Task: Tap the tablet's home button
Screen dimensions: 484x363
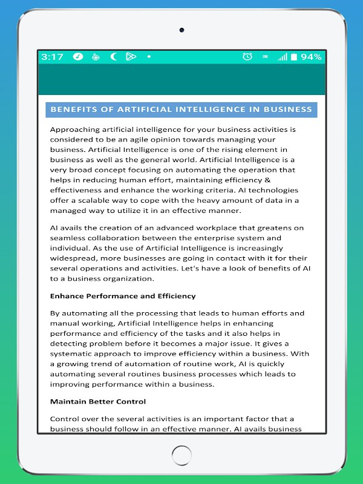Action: point(181,456)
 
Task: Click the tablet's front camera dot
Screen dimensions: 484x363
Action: point(181,30)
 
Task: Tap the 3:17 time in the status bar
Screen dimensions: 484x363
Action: point(52,57)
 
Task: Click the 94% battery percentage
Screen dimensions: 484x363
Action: point(311,57)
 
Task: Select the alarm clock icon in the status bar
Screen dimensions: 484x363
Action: point(247,57)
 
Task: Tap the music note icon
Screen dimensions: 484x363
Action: point(78,57)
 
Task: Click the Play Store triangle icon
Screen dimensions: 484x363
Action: point(131,57)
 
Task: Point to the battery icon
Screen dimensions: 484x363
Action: point(293,57)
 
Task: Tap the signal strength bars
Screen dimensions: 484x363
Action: point(282,57)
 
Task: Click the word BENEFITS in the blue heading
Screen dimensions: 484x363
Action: point(72,110)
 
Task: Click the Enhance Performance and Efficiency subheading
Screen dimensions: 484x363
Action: point(123,296)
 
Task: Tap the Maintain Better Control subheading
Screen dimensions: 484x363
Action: point(98,401)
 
